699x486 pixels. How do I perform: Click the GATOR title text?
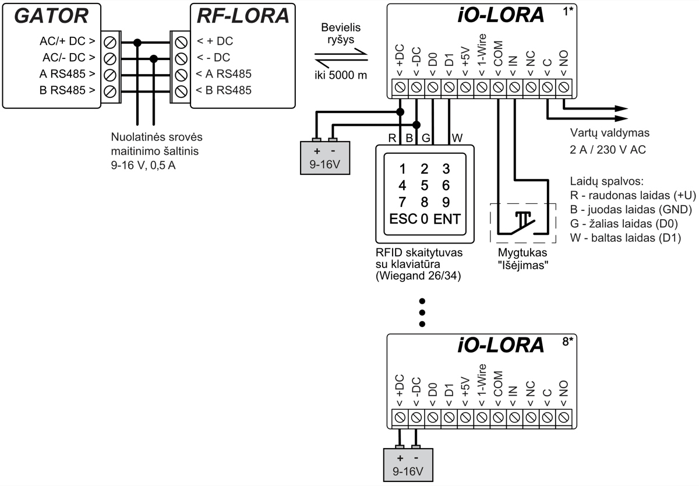51,16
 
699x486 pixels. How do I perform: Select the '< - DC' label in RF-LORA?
213,58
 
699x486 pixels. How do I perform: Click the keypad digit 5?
424,186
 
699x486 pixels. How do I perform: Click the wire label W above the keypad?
457,138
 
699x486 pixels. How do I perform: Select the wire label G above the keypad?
426,138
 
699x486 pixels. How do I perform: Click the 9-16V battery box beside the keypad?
324,157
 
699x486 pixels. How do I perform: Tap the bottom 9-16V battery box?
408,464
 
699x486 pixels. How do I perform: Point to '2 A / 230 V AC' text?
608,150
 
